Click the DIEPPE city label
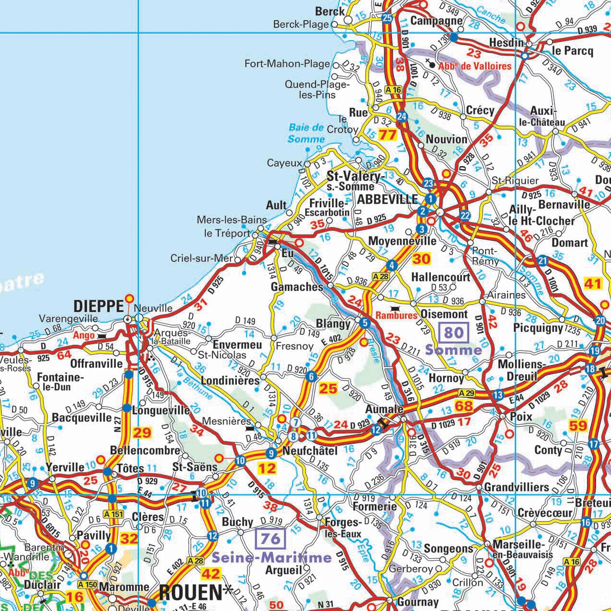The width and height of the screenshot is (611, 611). (x=98, y=306)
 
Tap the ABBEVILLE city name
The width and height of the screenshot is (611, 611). (x=387, y=199)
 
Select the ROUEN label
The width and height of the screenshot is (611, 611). (x=191, y=593)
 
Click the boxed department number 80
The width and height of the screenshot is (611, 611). (x=453, y=332)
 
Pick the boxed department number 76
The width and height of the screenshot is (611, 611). (x=271, y=538)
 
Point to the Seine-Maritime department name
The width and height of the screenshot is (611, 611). (x=272, y=557)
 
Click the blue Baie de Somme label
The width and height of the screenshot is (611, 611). (x=306, y=133)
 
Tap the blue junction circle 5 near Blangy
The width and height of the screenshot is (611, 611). (x=365, y=323)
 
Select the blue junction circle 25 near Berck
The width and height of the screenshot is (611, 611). (x=387, y=18)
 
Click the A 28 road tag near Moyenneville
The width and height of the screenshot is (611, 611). (x=381, y=276)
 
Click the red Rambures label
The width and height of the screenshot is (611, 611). (x=396, y=315)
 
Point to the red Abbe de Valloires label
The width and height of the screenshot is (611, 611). (x=475, y=66)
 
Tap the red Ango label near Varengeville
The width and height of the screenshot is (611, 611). (x=84, y=335)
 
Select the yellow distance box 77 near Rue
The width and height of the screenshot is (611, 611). (x=387, y=135)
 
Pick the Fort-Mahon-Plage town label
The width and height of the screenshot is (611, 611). (x=287, y=64)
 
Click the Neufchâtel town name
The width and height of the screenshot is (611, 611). (x=310, y=451)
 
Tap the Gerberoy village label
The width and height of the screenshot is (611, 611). (x=411, y=569)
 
